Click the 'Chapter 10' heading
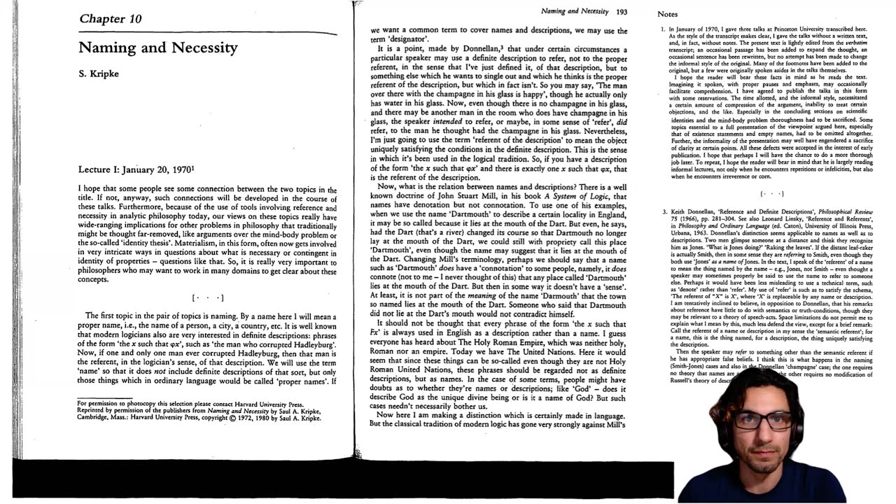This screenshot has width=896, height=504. coord(110,19)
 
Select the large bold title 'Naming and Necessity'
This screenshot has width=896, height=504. coord(158,48)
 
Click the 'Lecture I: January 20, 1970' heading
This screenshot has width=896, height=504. coord(136,169)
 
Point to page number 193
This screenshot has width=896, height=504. coord(622,12)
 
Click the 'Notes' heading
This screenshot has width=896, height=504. coord(667,14)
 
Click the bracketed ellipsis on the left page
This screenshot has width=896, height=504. coord(208,298)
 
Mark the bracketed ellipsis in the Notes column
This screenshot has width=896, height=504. coord(771,194)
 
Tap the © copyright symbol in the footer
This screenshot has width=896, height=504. coord(232,418)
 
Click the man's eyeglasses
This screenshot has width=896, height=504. coord(763,421)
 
